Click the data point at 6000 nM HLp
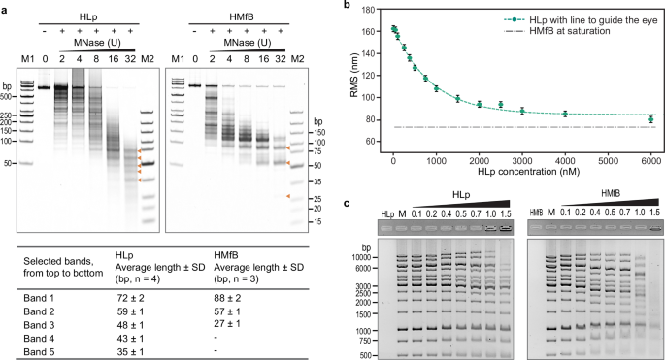(x=651, y=119)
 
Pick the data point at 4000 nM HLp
(x=565, y=114)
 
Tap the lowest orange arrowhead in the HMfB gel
(x=288, y=197)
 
